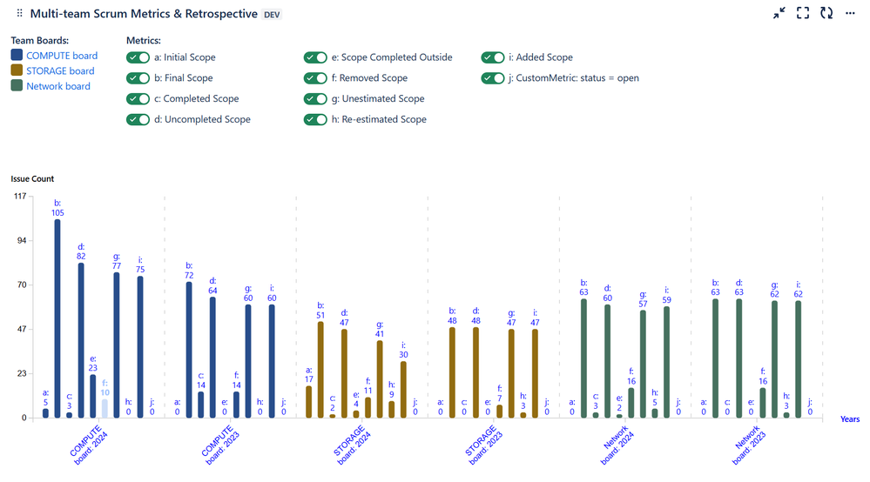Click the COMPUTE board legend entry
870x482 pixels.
click(62, 56)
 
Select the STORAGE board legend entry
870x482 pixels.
click(60, 71)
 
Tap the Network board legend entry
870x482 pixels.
click(57, 86)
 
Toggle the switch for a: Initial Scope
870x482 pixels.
click(138, 57)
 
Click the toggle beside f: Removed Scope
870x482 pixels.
click(315, 78)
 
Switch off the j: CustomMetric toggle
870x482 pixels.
click(493, 78)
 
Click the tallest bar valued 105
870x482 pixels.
click(57, 318)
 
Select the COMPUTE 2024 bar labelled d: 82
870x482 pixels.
click(81, 340)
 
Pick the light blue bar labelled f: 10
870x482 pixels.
click(105, 408)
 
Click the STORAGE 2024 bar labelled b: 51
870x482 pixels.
click(320, 370)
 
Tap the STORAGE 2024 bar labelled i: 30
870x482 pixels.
click(403, 390)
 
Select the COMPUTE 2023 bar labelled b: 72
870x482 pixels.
click(189, 350)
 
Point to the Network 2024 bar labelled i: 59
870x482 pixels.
click(666, 362)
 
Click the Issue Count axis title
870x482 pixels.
click(32, 179)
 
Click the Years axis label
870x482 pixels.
click(850, 419)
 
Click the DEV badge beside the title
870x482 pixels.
click(272, 15)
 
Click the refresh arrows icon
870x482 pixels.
click(826, 13)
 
